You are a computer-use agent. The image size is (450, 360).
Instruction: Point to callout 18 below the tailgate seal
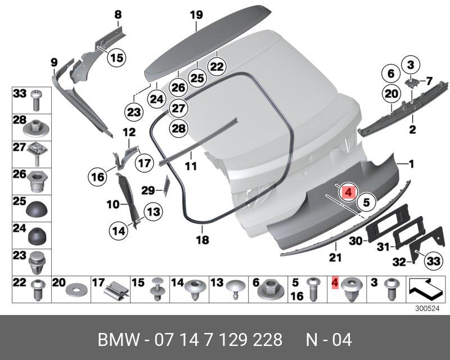(x=202, y=240)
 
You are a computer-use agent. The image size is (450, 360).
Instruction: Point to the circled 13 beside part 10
(x=153, y=212)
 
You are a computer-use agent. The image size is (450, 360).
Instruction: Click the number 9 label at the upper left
(x=54, y=61)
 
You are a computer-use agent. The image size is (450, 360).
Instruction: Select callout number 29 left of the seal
(x=147, y=191)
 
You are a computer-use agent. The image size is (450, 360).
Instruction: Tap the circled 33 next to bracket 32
(x=432, y=260)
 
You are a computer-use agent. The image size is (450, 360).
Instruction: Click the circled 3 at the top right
(x=411, y=65)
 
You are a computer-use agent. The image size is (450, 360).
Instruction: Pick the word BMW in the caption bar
(x=118, y=340)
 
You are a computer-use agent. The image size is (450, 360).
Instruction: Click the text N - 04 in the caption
(x=328, y=340)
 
